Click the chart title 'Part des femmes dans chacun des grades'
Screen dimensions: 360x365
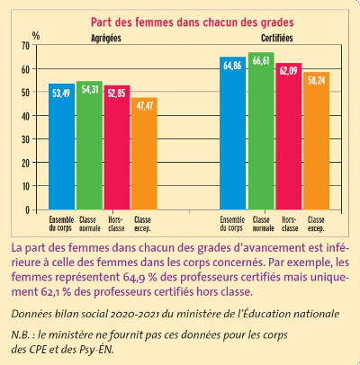pos(193,22)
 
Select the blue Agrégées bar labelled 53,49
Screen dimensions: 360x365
pos(61,147)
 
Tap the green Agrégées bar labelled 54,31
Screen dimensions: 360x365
pos(89,146)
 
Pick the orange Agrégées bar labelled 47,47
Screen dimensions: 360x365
pos(144,154)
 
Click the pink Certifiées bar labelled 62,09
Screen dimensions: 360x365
pos(289,137)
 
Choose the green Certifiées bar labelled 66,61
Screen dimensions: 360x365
pos(261,131)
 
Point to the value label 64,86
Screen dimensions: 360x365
pos(232,66)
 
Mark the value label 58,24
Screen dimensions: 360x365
pos(317,80)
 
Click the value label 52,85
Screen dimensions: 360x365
pos(117,93)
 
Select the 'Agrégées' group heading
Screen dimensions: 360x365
pos(106,39)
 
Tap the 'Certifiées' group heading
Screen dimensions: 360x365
pos(277,38)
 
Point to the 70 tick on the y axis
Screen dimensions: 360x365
pos(26,46)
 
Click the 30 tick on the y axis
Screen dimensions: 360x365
pos(26,139)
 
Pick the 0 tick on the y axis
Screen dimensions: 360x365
pos(28,210)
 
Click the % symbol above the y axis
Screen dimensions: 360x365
pos(36,36)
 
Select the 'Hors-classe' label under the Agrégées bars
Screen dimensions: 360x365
pos(116,224)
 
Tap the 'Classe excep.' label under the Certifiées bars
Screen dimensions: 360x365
pos(316,224)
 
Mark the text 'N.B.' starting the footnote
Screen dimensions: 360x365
pos(21,334)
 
